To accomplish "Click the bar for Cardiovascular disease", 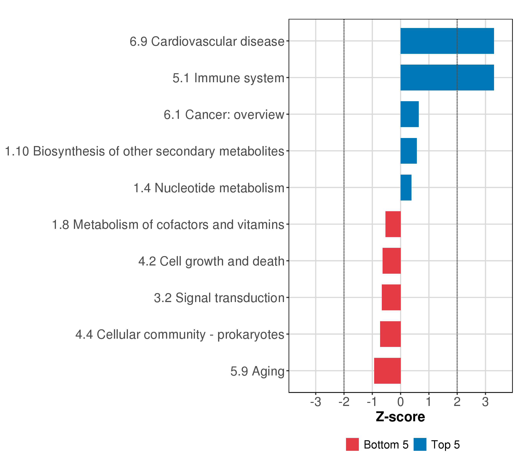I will point(447,41).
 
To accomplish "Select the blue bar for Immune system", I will point(447,77).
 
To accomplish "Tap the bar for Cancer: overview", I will point(410,114).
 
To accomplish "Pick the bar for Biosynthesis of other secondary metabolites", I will point(408,151).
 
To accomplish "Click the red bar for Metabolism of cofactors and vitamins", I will point(393,224).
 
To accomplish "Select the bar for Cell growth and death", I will point(392,261).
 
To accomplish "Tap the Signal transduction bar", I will point(391,297).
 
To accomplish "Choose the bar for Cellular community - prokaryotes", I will point(390,334).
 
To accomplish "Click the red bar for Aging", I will point(387,371).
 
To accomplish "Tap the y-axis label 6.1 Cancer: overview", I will point(224,115).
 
